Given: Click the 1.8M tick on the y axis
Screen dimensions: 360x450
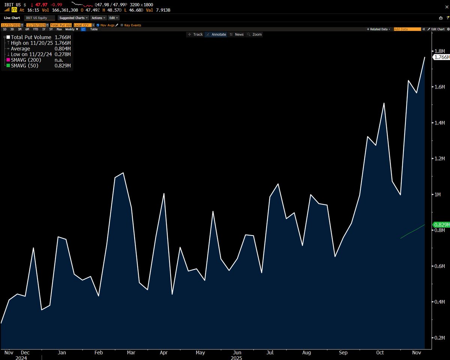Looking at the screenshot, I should tap(439, 51).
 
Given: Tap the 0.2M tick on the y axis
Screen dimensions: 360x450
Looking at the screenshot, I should tap(439, 337).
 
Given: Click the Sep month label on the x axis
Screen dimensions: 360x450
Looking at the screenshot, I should tap(343, 352).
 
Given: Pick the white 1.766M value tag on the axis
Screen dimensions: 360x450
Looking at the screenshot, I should tap(441, 57).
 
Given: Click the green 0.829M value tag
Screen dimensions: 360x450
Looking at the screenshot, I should tap(441, 225).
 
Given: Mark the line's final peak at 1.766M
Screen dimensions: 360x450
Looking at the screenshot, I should tap(424, 57).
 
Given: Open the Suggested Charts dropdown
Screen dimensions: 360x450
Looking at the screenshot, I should tap(73, 18).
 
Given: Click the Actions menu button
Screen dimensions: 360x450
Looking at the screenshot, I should tap(98, 18).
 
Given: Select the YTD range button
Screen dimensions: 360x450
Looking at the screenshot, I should tap(36, 29).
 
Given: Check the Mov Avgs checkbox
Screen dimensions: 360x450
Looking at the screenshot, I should tap(98, 25).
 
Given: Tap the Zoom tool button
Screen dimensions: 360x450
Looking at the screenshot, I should tap(255, 34).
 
